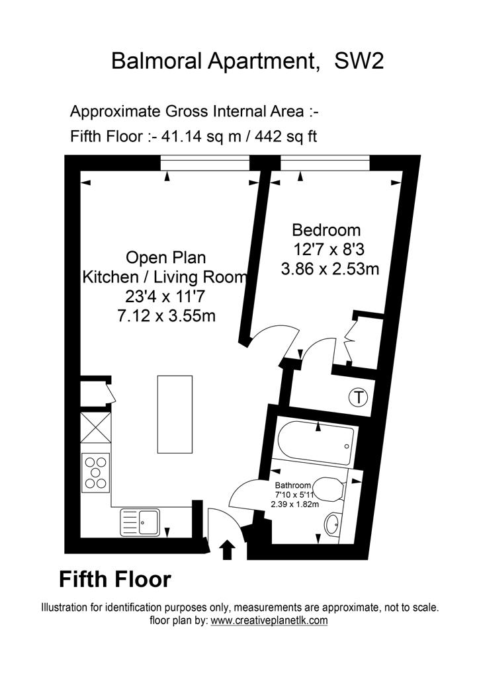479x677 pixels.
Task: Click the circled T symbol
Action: pyautogui.click(x=359, y=397)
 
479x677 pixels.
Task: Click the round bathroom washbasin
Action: pyautogui.click(x=333, y=524)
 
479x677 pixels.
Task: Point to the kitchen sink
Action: pyautogui.click(x=140, y=522)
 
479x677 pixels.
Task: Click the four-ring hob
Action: pyautogui.click(x=96, y=472)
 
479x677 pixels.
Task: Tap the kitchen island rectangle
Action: pyautogui.click(x=175, y=414)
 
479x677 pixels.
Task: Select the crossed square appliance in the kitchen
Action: pyautogui.click(x=96, y=428)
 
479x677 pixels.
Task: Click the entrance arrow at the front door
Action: pyautogui.click(x=228, y=551)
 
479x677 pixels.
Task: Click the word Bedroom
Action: pyautogui.click(x=326, y=229)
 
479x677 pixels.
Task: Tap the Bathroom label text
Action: pyautogui.click(x=293, y=485)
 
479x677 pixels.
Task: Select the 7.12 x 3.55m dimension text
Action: pyautogui.click(x=166, y=317)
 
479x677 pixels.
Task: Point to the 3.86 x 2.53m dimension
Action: pyautogui.click(x=330, y=270)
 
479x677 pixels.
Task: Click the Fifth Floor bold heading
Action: pyautogui.click(x=115, y=579)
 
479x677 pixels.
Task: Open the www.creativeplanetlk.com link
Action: pyautogui.click(x=269, y=621)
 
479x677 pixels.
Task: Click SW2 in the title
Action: pyautogui.click(x=359, y=61)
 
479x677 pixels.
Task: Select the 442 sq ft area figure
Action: pyautogui.click(x=286, y=136)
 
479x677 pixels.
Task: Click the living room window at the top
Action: pyautogui.click(x=205, y=163)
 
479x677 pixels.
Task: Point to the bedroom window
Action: pyautogui.click(x=326, y=163)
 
